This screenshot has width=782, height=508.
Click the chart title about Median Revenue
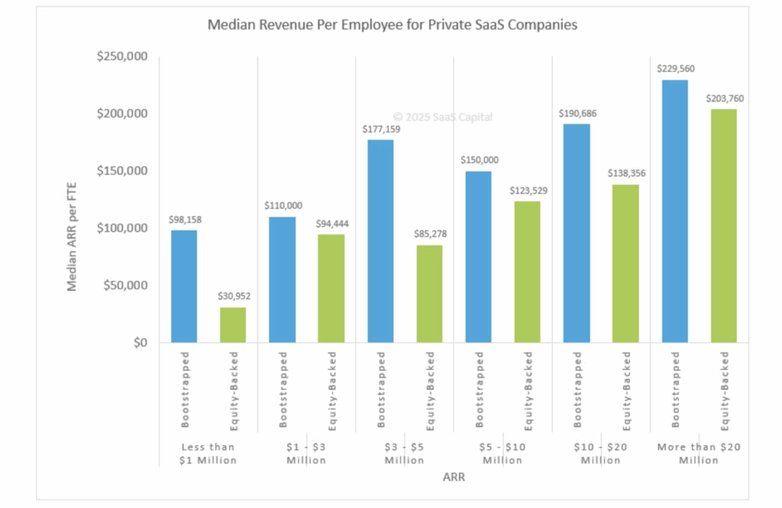pos(393,25)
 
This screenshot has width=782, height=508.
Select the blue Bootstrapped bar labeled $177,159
pos(380,241)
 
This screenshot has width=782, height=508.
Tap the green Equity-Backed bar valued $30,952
pos(233,325)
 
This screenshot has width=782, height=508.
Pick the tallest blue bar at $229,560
pos(674,211)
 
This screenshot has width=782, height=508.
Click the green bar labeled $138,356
pos(625,263)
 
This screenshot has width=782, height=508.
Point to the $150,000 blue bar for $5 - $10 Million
pos(478,257)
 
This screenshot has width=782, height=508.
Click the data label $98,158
pos(184,220)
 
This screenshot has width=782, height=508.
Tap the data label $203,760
pos(723,99)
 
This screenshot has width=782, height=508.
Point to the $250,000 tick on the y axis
pos(122,57)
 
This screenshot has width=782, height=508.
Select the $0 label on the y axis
pos(138,343)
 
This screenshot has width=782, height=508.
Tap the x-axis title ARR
pos(454,478)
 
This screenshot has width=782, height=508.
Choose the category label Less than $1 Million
pos(208,453)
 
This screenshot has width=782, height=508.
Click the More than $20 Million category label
pos(699,453)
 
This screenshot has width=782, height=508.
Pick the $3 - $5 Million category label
pos(405,453)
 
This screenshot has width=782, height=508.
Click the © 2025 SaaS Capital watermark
pos(443,117)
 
